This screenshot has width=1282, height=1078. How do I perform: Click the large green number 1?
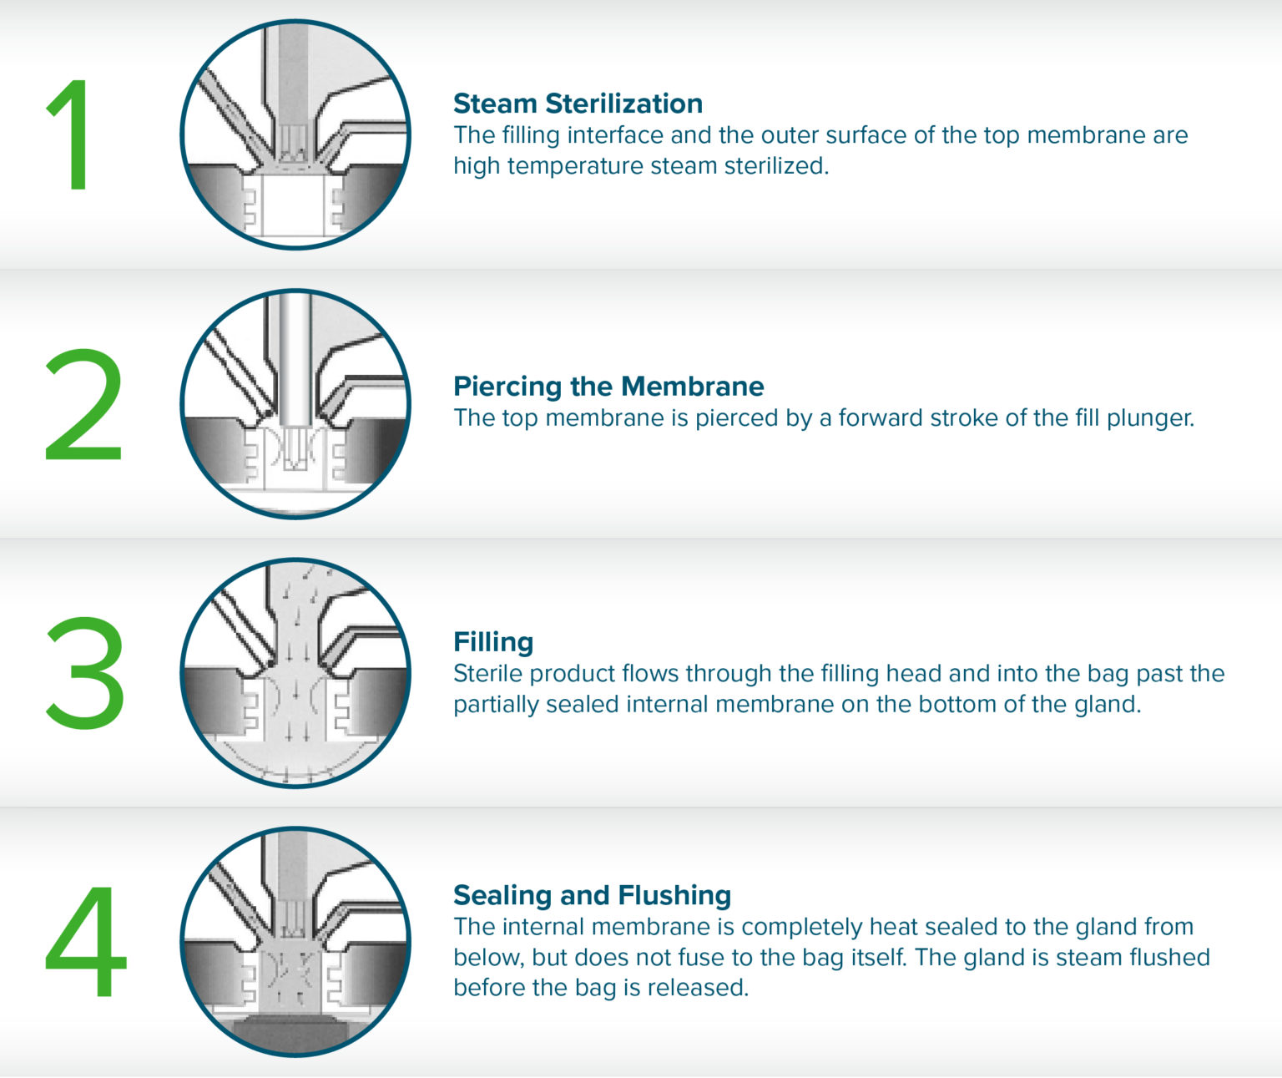pyautogui.click(x=71, y=134)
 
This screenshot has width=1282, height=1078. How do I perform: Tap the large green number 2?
pyautogui.click(x=83, y=404)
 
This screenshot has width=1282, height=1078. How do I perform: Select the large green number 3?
pyautogui.click(x=85, y=672)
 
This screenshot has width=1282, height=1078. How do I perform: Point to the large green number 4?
pyautogui.click(x=86, y=941)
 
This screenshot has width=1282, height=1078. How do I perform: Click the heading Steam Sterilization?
pyautogui.click(x=578, y=104)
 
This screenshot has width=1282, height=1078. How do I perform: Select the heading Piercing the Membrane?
pyautogui.click(x=608, y=387)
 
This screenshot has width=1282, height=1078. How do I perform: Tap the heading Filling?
pyautogui.click(x=493, y=642)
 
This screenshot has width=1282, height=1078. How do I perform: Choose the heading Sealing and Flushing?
pyautogui.click(x=592, y=896)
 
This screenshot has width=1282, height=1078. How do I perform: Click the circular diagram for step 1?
pyautogui.click(x=295, y=134)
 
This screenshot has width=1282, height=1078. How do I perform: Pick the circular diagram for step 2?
pyautogui.click(x=295, y=404)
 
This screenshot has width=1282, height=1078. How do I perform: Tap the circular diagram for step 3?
pyautogui.click(x=295, y=672)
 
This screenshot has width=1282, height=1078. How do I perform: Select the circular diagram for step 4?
pyautogui.click(x=295, y=942)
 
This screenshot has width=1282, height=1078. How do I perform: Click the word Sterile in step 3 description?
pyautogui.click(x=487, y=674)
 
